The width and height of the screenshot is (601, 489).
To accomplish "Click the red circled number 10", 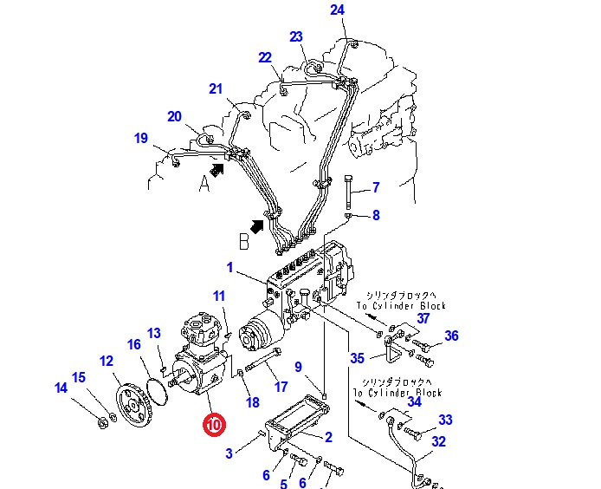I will coord(213,425).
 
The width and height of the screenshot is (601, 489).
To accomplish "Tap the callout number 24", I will coord(337,10).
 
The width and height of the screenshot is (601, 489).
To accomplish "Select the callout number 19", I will coord(141,138).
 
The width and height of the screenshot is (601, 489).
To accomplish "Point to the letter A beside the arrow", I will coord(204,182).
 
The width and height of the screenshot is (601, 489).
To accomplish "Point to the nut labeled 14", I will coord(101,423).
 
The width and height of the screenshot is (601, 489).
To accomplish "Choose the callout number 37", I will coord(423,318).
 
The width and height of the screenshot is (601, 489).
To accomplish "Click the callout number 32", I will coord(439,441).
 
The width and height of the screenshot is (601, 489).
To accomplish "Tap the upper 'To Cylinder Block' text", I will coord(404,306).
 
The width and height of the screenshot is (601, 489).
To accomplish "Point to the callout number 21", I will coord(216,88).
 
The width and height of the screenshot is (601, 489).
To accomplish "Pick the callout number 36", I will coord(451,336).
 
